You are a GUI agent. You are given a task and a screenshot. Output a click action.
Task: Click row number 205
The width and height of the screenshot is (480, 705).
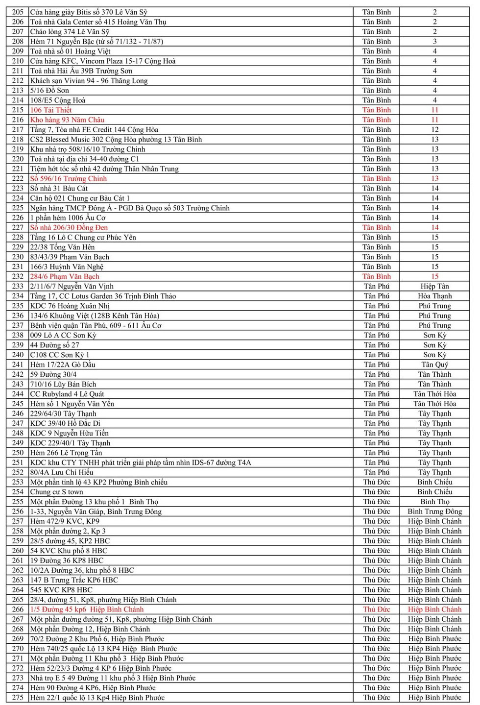18,12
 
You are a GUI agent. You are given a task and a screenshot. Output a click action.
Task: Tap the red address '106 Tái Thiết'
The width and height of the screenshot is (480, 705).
51,110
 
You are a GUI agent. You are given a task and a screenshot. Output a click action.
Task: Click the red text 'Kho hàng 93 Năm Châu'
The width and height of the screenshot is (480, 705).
67,120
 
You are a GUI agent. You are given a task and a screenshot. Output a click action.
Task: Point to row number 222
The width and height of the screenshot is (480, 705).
18,178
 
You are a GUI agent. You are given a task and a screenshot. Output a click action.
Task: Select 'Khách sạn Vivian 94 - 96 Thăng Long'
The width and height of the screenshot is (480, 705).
89,80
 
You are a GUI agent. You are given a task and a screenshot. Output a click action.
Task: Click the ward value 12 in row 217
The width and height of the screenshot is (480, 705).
434,129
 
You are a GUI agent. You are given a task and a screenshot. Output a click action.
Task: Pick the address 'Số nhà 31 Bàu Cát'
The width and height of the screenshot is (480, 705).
59,188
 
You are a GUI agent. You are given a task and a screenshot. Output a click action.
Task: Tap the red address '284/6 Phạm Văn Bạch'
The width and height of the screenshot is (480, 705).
65,276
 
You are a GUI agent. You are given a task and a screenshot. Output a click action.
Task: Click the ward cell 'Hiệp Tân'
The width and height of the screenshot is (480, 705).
434,286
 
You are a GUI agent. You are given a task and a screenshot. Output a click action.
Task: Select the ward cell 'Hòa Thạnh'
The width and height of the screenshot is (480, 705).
434,296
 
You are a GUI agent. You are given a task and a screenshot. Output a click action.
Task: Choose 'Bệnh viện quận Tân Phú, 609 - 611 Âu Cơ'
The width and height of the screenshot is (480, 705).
96,325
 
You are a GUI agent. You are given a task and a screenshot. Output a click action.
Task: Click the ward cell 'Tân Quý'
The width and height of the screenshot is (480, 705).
434,365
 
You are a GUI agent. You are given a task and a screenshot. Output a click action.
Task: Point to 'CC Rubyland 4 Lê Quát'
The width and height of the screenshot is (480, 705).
67,394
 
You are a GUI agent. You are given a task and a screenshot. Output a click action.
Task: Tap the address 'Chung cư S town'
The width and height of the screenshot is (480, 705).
56,492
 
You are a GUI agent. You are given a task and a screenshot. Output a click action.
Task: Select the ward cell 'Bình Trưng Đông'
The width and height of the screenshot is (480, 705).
434,511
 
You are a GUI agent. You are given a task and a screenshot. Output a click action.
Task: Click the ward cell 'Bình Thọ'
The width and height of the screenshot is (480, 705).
434,502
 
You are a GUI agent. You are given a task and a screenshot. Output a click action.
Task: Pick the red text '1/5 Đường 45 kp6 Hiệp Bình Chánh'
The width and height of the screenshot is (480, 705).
87,609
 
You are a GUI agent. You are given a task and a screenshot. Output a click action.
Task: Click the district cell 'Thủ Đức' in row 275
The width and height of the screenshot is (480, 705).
376,698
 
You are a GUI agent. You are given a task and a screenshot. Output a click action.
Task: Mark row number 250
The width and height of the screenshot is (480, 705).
18,453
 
